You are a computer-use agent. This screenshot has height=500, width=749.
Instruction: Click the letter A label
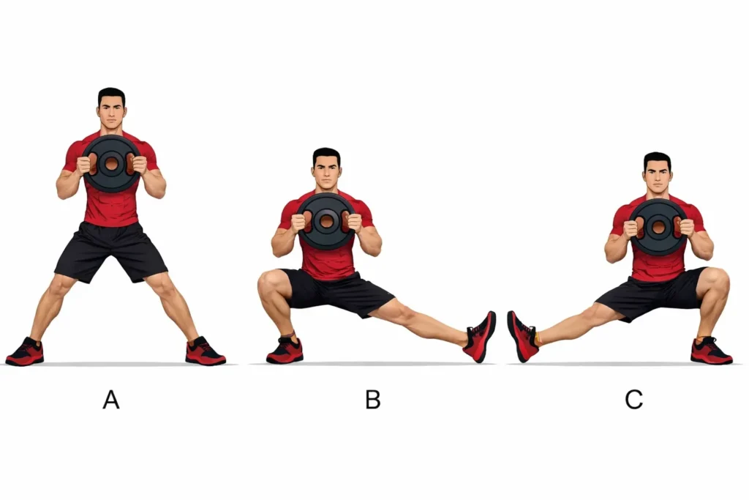tap(111, 400)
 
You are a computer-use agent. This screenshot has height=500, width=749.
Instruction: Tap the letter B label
tap(373, 400)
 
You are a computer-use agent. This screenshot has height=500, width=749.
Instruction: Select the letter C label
tap(634, 400)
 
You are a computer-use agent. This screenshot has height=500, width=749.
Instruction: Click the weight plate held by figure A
tap(112, 163)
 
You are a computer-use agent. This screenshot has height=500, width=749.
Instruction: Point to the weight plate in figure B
tap(327, 221)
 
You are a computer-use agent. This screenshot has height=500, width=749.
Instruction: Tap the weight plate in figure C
tap(658, 227)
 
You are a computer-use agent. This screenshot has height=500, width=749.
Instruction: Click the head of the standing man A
tap(112, 109)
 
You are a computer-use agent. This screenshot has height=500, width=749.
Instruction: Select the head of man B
tap(327, 168)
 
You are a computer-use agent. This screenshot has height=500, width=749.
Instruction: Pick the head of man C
tap(658, 173)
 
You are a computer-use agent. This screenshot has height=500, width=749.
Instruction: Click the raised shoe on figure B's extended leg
tap(480, 337)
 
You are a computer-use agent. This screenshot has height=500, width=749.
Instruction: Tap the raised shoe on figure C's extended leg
tap(523, 337)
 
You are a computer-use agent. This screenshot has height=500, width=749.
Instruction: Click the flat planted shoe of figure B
tap(285, 351)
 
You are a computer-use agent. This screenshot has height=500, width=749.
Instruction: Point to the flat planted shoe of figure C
tap(711, 351)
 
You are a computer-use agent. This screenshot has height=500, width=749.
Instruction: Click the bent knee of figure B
tap(269, 285)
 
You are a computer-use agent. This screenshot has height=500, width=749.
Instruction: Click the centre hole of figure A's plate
tap(112, 163)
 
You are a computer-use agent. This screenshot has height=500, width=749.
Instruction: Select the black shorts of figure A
tap(111, 252)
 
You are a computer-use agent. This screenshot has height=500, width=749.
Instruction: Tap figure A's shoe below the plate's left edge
tap(25, 352)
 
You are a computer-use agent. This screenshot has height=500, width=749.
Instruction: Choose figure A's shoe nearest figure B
tap(205, 351)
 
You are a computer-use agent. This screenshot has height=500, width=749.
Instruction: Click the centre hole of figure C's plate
tap(658, 227)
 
